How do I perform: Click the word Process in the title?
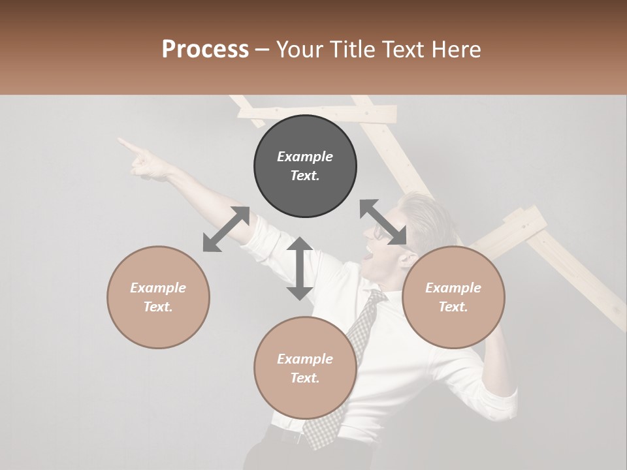(x=205, y=50)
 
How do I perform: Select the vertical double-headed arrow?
(x=300, y=269)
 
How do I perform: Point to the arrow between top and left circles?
(x=226, y=229)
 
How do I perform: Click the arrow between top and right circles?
(x=383, y=223)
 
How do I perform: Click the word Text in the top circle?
(x=305, y=176)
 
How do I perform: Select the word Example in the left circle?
(x=158, y=288)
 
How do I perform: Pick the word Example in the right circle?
(x=453, y=288)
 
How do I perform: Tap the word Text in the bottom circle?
(x=305, y=379)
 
